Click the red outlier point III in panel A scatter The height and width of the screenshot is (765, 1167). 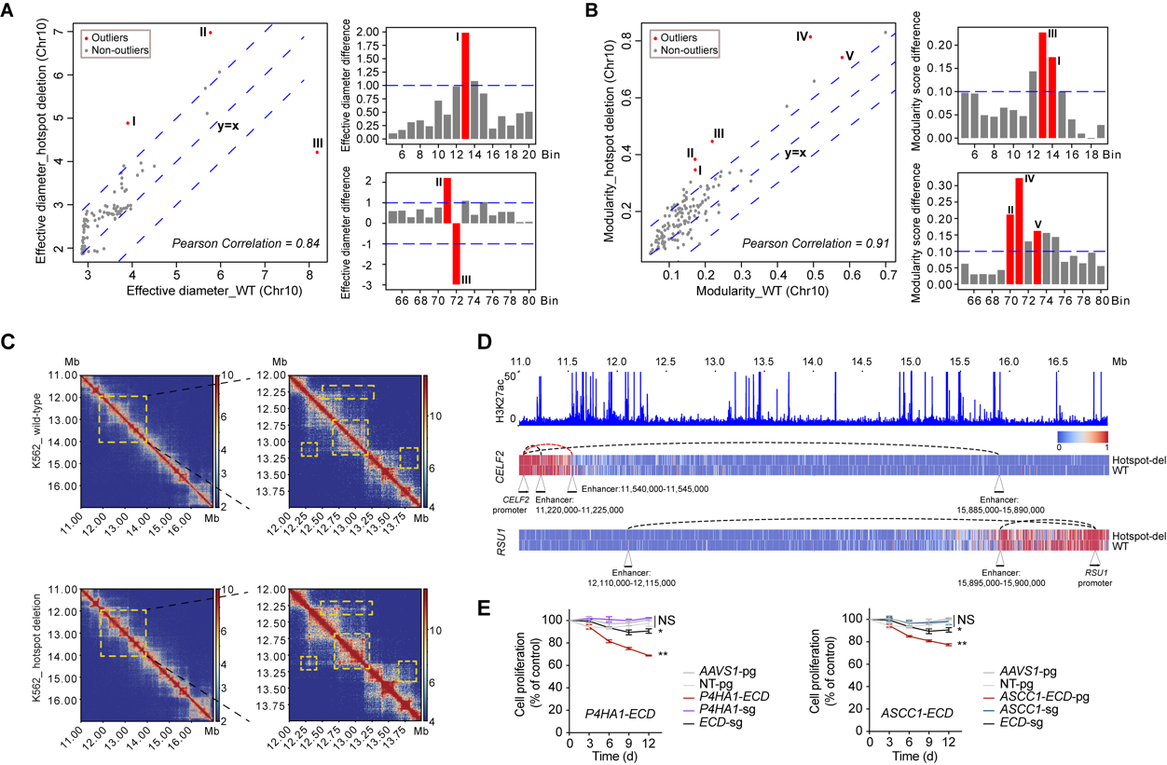click(x=317, y=153)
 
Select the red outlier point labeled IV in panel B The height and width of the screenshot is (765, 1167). click(x=810, y=37)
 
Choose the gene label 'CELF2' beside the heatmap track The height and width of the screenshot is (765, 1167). click(x=502, y=463)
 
